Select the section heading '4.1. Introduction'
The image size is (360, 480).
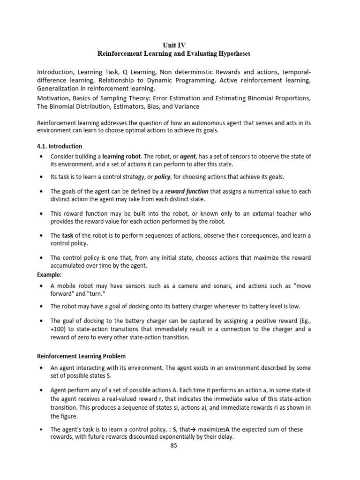coord(60,146)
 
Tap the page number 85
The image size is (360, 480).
coord(173,446)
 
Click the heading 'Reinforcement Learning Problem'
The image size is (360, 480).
coord(81,356)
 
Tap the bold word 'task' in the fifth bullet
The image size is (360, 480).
coord(68,235)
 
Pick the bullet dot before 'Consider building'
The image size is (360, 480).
coord(42,156)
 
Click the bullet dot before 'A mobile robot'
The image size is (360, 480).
coord(42,285)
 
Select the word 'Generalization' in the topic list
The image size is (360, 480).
coord(58,89)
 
